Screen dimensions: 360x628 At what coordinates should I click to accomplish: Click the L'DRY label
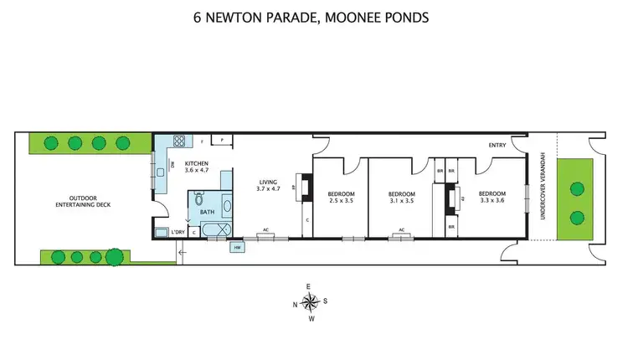[x=178, y=231]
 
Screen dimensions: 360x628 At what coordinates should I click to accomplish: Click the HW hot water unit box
[x=237, y=247]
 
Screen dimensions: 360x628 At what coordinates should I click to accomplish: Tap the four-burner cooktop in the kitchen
[x=178, y=141]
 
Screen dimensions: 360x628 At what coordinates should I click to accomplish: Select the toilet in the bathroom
[x=198, y=199]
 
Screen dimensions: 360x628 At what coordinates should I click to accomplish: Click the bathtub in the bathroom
[x=211, y=230]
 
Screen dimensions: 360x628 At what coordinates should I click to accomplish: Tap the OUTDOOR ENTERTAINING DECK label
[x=83, y=201]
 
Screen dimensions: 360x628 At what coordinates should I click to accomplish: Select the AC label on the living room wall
[x=265, y=229]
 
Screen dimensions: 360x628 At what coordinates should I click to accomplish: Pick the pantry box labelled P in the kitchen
[x=223, y=140]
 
